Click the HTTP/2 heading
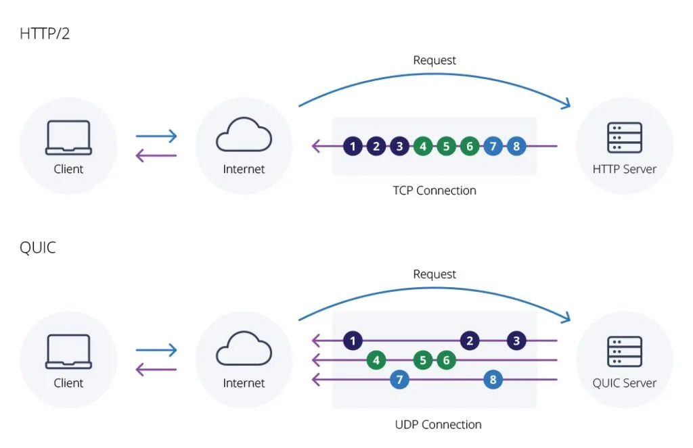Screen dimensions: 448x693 45,33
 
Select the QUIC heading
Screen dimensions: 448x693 38,247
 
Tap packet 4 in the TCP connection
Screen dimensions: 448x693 423,145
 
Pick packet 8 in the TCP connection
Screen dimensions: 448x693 516,145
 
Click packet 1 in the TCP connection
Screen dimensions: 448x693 353,145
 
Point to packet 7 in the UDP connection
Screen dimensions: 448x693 399,380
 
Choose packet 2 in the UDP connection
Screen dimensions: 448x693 470,341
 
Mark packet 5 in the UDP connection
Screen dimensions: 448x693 423,360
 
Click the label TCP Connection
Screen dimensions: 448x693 434,191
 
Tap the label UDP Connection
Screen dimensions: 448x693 438,424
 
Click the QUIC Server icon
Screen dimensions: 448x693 624,351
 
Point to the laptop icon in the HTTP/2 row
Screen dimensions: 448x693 68,138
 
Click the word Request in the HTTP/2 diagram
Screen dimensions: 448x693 434,61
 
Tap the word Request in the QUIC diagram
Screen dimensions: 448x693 434,274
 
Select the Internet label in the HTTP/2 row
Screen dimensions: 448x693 244,169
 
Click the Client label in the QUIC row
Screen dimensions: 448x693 68,383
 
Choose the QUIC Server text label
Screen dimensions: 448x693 624,383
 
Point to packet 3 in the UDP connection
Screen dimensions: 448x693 516,341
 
